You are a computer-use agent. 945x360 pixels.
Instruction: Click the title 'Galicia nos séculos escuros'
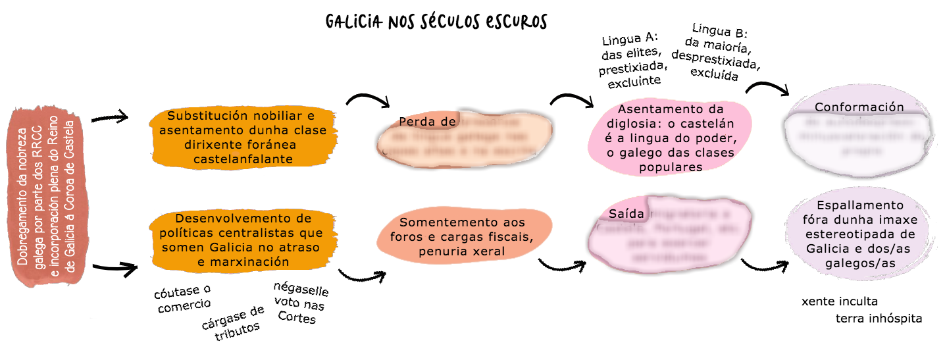click(x=436, y=22)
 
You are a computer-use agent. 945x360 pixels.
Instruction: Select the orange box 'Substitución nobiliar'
click(x=242, y=137)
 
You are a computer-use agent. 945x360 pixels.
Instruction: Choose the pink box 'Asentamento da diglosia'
click(x=671, y=138)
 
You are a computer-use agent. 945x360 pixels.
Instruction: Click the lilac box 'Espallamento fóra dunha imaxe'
click(x=859, y=234)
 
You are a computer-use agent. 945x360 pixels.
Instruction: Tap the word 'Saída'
click(x=622, y=215)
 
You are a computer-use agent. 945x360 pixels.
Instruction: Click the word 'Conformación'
click(x=859, y=107)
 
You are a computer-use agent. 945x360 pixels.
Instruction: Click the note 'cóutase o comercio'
click(x=184, y=297)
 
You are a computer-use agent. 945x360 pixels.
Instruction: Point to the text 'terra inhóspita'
click(x=879, y=319)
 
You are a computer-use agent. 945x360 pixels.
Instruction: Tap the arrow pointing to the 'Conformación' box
click(x=767, y=89)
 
